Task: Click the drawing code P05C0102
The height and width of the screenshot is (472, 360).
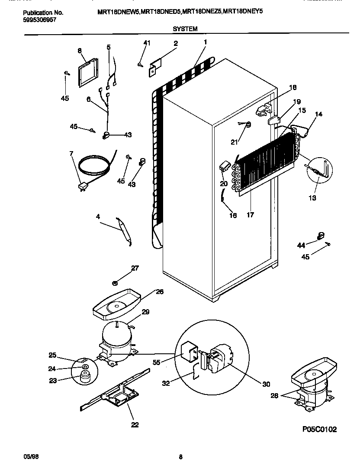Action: (x=319, y=429)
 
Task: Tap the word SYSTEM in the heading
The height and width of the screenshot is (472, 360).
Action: (x=185, y=29)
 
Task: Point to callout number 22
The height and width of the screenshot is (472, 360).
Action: (x=135, y=425)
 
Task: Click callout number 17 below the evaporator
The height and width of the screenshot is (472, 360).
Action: (x=250, y=214)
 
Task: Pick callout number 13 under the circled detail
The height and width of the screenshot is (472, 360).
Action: (x=312, y=198)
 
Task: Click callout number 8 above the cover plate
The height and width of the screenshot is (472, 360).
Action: (x=80, y=51)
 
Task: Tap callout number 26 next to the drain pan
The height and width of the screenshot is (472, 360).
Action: (x=160, y=292)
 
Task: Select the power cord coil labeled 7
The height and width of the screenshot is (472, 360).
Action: (x=93, y=167)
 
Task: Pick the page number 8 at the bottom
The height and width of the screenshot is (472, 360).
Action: (x=180, y=456)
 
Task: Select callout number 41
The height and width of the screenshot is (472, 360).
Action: (x=147, y=42)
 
